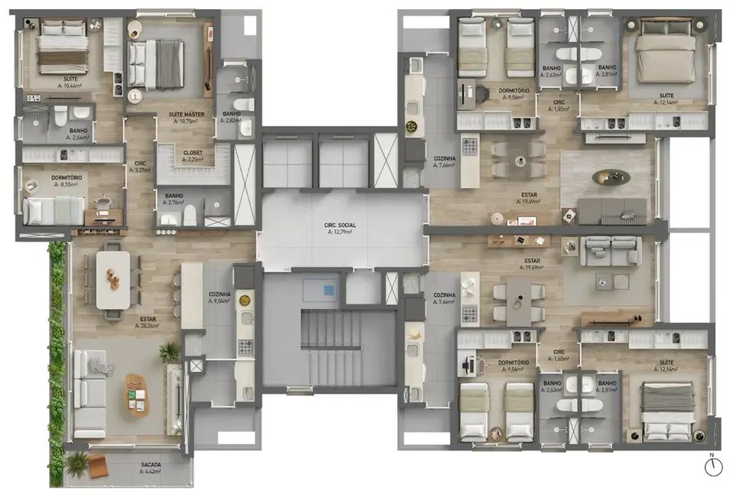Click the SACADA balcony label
(x=151, y=464)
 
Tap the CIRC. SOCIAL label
(x=338, y=225)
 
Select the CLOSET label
(x=193, y=152)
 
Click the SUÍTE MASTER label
(x=185, y=115)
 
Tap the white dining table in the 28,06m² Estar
(x=113, y=280)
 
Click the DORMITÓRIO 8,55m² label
(x=67, y=177)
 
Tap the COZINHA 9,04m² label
(x=220, y=294)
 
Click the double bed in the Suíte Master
(x=156, y=64)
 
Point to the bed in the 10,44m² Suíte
(x=63, y=46)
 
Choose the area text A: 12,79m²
(x=338, y=232)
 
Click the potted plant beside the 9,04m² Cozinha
(x=169, y=352)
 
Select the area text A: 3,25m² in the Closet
(x=193, y=160)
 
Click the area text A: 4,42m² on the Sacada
(x=151, y=472)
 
